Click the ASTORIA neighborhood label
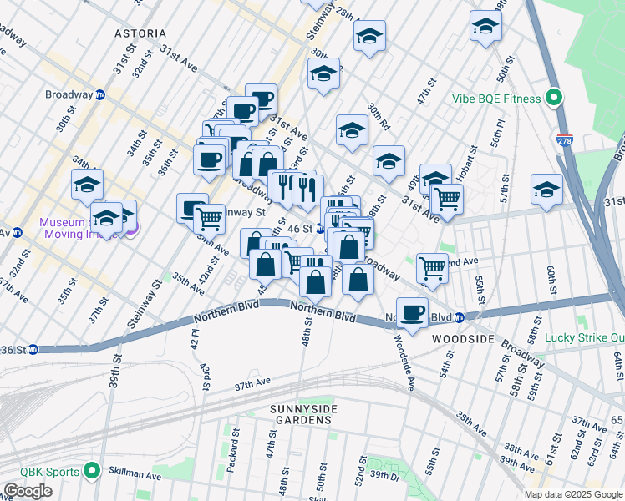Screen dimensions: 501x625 point(140,33)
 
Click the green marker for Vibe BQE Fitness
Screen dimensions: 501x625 point(553,99)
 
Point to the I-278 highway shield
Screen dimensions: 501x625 point(566,141)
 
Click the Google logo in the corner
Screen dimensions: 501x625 point(28,491)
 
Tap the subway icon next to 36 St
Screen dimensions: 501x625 point(33,348)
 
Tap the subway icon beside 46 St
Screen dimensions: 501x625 point(321,228)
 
